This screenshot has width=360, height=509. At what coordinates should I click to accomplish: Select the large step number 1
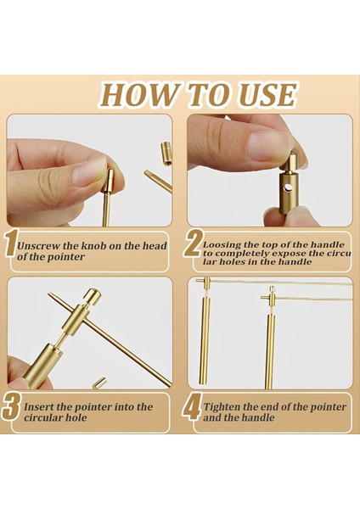click(11, 243)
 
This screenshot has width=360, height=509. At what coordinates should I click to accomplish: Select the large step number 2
click(193, 243)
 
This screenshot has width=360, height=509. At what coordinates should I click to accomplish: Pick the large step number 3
click(12, 406)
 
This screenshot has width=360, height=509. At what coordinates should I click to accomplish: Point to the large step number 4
click(192, 406)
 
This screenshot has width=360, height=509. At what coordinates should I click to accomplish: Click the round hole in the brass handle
click(288, 187)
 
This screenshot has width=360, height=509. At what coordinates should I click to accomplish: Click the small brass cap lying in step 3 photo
click(99, 383)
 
